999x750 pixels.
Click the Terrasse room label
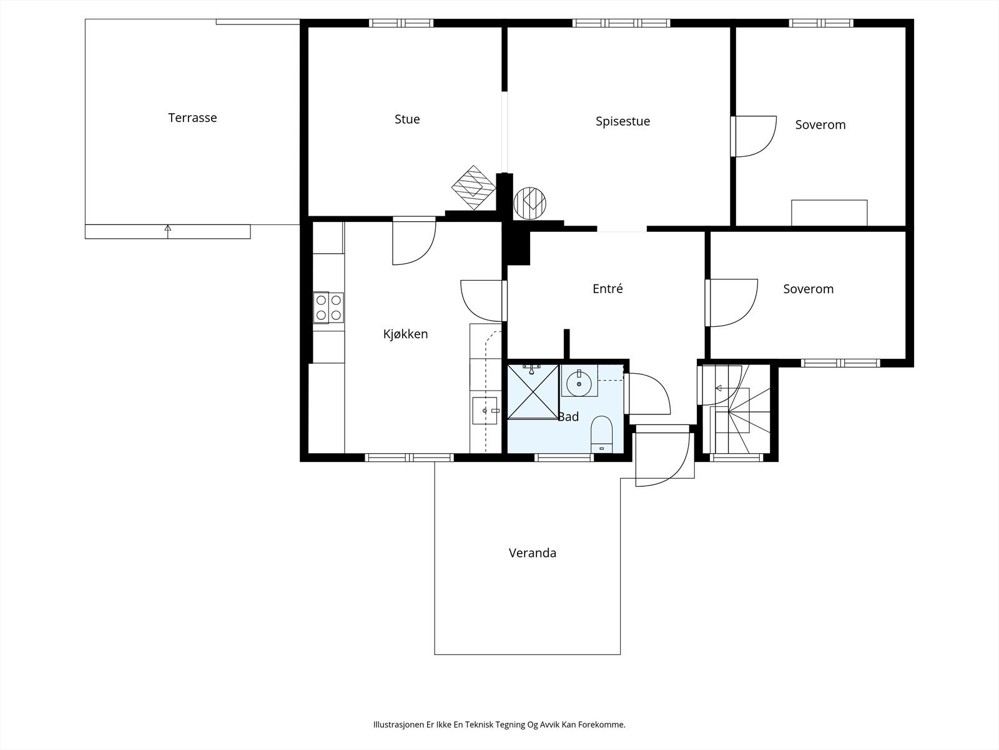[x=192, y=118]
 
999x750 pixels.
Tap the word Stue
[x=407, y=119]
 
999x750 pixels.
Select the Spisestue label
[x=623, y=122]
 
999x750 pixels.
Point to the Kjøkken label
[x=405, y=334]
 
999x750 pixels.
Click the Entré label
[x=608, y=289]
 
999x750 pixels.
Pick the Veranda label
[x=533, y=553]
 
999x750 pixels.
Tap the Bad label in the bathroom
[x=568, y=417]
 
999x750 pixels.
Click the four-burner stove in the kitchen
[x=328, y=307]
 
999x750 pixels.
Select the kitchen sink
[x=485, y=411]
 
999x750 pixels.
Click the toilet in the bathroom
[x=602, y=434]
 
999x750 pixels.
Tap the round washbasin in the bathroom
[x=579, y=383]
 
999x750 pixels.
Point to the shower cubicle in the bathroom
[x=533, y=392]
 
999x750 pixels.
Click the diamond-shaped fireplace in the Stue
[x=473, y=187]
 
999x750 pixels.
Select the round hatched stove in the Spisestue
[x=529, y=203]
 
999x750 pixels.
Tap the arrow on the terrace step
[x=167, y=231]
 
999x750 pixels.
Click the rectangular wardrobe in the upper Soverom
[x=829, y=212]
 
